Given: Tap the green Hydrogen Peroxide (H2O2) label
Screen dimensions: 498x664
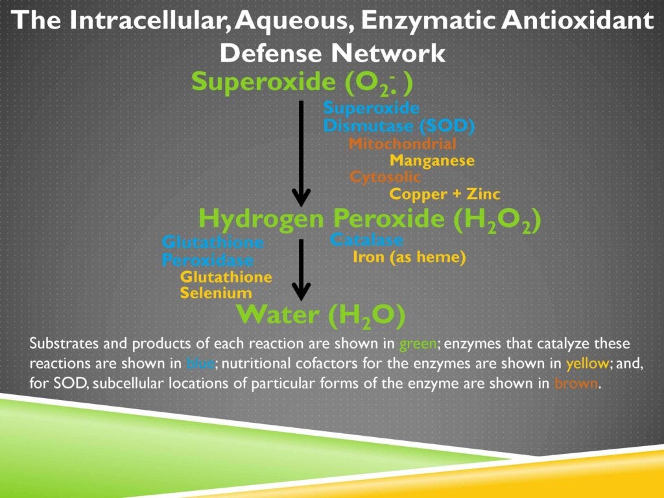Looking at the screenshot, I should [x=369, y=219].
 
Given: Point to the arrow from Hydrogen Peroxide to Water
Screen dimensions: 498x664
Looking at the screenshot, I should [x=301, y=268].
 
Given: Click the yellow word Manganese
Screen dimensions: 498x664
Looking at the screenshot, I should [x=432, y=160].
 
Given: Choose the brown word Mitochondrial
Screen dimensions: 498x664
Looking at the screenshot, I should [x=402, y=144].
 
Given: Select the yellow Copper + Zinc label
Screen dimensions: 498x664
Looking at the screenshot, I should [x=445, y=194].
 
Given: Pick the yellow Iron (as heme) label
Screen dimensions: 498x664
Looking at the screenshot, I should [x=409, y=257].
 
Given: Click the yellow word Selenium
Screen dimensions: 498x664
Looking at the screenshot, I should [x=216, y=294].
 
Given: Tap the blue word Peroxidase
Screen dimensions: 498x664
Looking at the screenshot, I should [x=207, y=261].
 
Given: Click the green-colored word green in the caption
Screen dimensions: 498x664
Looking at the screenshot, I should [x=413, y=343].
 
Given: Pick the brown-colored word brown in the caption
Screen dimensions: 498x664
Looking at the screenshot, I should [x=576, y=383].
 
